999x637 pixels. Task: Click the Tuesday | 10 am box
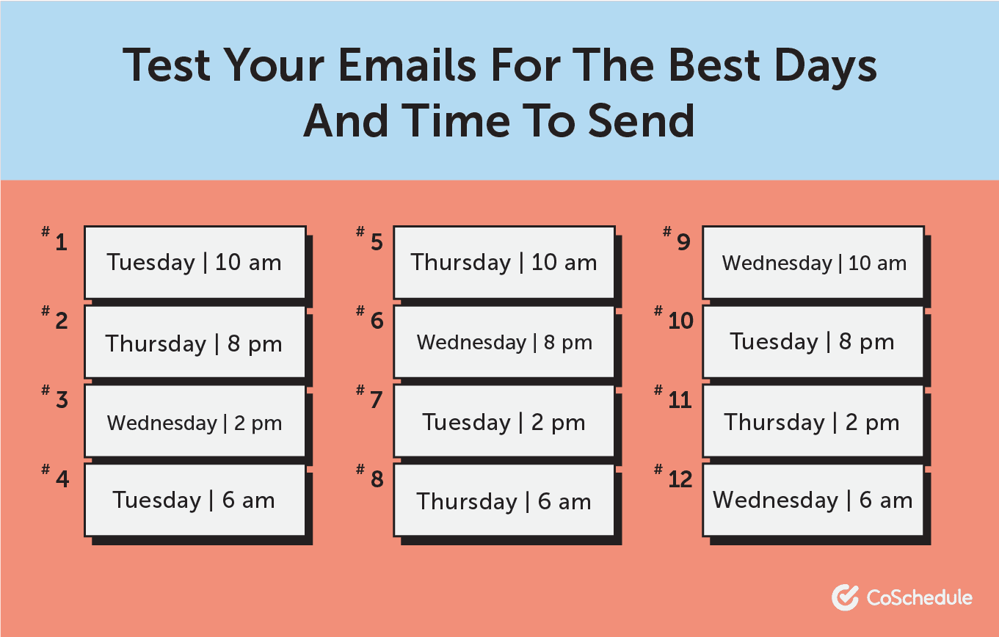coord(195,263)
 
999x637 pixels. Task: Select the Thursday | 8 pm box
coord(195,342)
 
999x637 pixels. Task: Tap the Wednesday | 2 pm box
coord(195,421)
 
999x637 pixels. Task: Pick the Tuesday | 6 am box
coord(195,500)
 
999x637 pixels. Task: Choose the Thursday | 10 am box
coord(504,263)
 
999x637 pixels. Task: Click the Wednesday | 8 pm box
coord(504,342)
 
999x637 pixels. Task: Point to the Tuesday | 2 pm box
coord(504,421)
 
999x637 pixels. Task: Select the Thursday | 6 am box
coord(504,500)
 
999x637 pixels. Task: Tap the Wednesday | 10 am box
coord(813,263)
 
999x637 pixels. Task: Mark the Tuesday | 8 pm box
coord(813,342)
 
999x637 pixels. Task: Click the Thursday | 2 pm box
coord(813,421)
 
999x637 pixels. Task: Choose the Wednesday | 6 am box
coord(813,500)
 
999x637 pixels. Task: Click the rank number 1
coord(62,242)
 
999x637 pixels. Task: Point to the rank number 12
coord(680,480)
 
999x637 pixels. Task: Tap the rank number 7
coord(376,400)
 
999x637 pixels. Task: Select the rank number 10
coord(680,321)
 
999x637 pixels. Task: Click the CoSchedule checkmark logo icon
coord(845,597)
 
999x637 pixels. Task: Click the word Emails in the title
coord(407,65)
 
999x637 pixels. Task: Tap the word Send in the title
coord(641,121)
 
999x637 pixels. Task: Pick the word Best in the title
coord(714,65)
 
